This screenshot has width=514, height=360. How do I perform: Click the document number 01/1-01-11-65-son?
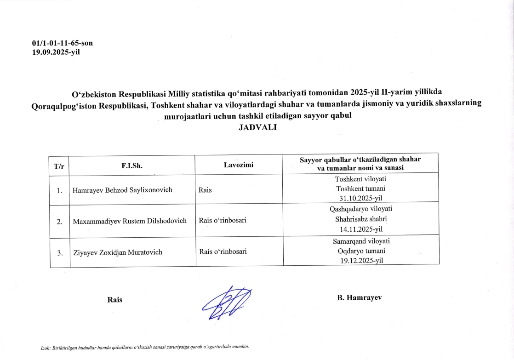click(x=63, y=43)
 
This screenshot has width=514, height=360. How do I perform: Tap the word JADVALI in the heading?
click(x=257, y=127)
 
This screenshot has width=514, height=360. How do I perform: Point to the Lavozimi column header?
click(x=239, y=164)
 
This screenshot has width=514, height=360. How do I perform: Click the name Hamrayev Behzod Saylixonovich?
click(x=122, y=189)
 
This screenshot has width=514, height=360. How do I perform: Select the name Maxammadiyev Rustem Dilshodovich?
click(x=130, y=221)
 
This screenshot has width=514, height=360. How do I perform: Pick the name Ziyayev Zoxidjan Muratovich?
click(x=117, y=252)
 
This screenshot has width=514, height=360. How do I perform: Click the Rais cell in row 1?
click(x=205, y=189)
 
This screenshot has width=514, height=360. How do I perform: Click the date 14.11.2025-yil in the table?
click(x=360, y=229)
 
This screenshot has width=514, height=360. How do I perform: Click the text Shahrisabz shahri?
click(x=360, y=219)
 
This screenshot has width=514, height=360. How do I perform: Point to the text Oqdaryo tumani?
click(x=360, y=251)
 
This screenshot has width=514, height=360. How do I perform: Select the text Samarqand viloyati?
click(x=361, y=241)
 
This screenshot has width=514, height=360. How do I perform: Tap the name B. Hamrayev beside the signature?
click(x=359, y=297)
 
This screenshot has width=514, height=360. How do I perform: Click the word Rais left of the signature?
click(x=114, y=300)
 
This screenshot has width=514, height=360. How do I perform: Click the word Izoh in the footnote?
click(x=46, y=347)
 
